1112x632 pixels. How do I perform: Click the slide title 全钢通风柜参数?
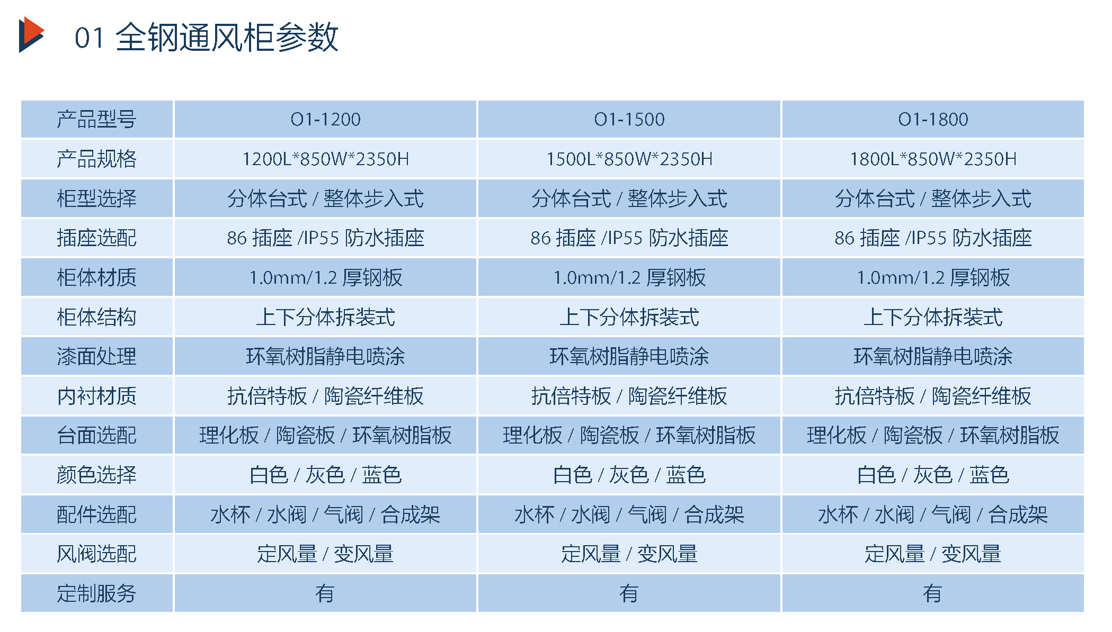coord(227,38)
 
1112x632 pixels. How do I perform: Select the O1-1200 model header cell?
coord(325,120)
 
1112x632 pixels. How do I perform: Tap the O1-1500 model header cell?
coord(629,120)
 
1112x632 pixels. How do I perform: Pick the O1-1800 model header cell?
coord(933,120)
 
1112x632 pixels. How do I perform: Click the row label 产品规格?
coord(97,159)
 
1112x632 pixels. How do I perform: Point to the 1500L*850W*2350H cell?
coord(629,159)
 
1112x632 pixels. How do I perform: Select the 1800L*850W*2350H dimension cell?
coord(933,159)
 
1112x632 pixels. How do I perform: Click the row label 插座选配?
coord(97,238)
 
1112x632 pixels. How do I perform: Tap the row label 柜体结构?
coord(97,317)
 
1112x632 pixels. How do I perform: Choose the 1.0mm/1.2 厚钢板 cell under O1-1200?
coord(325,277)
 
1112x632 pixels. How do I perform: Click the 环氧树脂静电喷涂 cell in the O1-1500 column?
coord(629,356)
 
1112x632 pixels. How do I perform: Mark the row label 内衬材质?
coord(97,396)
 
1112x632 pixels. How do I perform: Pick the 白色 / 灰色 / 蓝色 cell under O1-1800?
coord(933,475)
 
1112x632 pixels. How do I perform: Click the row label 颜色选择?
coord(97,475)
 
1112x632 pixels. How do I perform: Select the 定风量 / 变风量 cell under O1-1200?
coord(325,554)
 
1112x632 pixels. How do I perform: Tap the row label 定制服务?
coord(97,593)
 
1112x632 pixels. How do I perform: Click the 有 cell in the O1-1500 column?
coord(629,593)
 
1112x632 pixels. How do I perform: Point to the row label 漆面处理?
coord(97,356)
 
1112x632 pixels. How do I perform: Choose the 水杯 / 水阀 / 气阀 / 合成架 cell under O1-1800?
coord(933,514)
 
